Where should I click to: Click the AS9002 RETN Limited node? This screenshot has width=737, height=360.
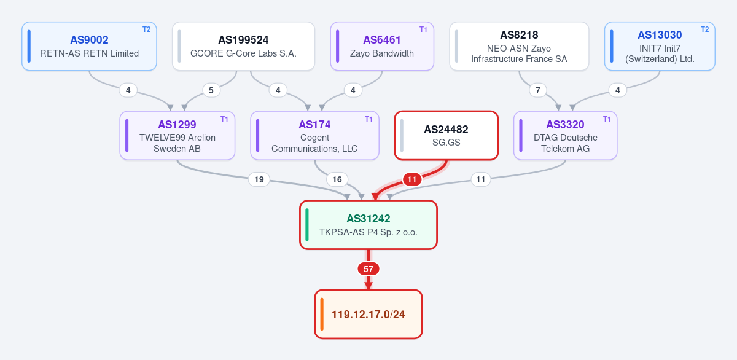pyautogui.click(x=89, y=46)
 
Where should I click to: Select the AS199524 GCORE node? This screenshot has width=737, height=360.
pyautogui.click(x=243, y=46)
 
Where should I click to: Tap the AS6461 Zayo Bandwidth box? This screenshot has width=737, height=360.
pyautogui.click(x=382, y=46)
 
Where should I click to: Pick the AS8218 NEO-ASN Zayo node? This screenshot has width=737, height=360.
pyautogui.click(x=519, y=46)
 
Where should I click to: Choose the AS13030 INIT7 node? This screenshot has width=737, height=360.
pyautogui.click(x=660, y=46)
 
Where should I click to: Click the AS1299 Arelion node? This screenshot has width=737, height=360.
pyautogui.click(x=177, y=136)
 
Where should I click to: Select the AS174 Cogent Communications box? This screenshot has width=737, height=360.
pyautogui.click(x=314, y=136)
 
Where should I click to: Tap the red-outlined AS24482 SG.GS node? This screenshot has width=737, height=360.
pyautogui.click(x=446, y=136)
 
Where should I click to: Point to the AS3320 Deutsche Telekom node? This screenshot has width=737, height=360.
pyautogui.click(x=565, y=136)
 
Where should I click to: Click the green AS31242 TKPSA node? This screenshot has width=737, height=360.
pyautogui.click(x=368, y=225)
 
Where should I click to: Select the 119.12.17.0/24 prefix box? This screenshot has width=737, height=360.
pyautogui.click(x=368, y=315)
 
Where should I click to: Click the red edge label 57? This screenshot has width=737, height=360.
pyautogui.click(x=368, y=269)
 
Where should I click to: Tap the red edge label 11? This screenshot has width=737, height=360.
pyautogui.click(x=412, y=179)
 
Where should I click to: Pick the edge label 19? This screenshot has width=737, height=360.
pyautogui.click(x=259, y=179)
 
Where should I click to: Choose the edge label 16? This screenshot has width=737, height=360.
pyautogui.click(x=337, y=179)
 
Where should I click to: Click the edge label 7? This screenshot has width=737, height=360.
pyautogui.click(x=537, y=90)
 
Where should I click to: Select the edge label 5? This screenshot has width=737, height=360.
pyautogui.click(x=211, y=90)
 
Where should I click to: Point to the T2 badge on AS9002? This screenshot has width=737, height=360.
pyautogui.click(x=146, y=29)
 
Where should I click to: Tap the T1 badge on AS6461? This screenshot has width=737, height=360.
pyautogui.click(x=423, y=29)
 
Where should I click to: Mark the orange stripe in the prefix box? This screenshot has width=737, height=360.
pyautogui.click(x=322, y=315)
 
